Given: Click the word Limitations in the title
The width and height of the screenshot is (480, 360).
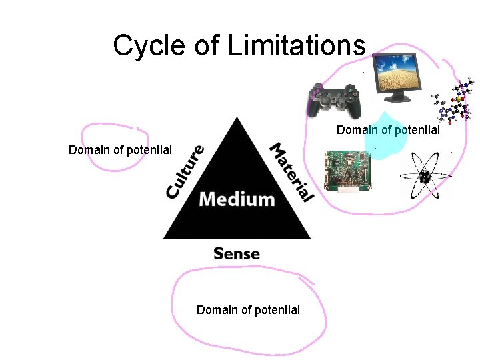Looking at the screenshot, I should pos(297,46).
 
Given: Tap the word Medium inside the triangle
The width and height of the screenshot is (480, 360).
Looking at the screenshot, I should pos(237,199).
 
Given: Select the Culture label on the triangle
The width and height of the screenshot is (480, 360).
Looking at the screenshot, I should pos(185,171).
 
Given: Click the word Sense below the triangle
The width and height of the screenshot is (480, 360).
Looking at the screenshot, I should pos(237,253).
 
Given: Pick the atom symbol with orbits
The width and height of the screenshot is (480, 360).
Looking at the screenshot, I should pos(425,176).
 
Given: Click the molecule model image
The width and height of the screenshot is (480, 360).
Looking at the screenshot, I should pos(454,103).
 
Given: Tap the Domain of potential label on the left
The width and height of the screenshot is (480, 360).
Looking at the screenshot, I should pos(120,150).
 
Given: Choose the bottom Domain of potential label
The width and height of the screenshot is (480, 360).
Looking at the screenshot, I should pos(248,310).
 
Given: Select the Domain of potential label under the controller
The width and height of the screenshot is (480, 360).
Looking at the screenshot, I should pos(388,130).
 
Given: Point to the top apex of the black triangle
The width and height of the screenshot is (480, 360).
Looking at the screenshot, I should pos(237,118).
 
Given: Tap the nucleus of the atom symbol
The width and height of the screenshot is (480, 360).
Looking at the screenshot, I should pos(424,177).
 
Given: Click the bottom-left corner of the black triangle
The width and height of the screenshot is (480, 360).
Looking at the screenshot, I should pos(165,237).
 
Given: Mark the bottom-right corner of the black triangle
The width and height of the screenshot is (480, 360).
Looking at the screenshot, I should pos(309,237).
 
